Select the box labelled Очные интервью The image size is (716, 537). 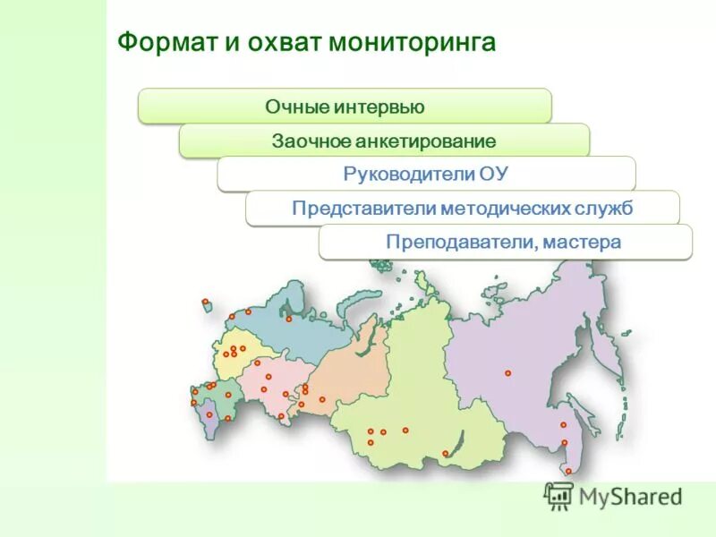pyautogui.click(x=345, y=107)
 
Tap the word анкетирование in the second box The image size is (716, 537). pyautogui.click(x=425, y=141)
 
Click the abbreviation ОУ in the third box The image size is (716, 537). pyautogui.click(x=494, y=175)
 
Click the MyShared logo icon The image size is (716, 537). pyautogui.click(x=558, y=496)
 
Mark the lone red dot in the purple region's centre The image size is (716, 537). pyautogui.click(x=507, y=372)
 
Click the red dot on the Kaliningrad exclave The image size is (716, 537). pyautogui.click(x=205, y=302)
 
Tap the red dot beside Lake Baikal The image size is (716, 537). pyautogui.click(x=445, y=453)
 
